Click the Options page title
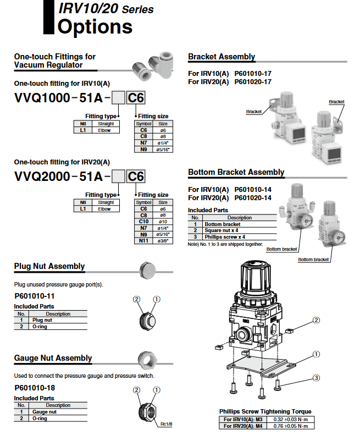coord(95,26)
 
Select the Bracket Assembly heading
coord(221,57)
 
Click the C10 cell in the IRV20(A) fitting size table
coord(144,221)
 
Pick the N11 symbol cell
coord(144,240)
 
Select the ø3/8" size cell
coord(163,240)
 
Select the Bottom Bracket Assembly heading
coord(236,172)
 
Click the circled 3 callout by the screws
coord(317,377)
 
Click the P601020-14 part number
coord(253,198)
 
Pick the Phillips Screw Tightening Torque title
coord(265,411)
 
